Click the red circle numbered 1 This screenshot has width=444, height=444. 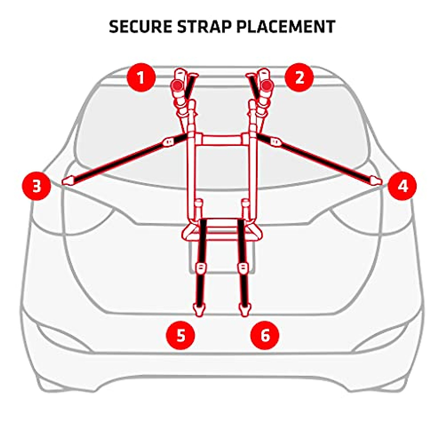(141, 78)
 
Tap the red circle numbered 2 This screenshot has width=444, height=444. (299, 78)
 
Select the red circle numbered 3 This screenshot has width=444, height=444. (36, 186)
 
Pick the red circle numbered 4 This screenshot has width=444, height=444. (402, 186)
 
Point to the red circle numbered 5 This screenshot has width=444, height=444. (180, 336)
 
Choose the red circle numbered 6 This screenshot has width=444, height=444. (265, 336)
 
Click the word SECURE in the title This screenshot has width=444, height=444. (141, 27)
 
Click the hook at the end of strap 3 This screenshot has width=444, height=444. (68, 181)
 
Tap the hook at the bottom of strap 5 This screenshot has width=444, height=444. (199, 309)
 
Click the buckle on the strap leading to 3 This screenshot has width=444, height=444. (168, 142)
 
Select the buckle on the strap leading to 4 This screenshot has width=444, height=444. (275, 141)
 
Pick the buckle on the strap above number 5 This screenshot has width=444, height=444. (200, 267)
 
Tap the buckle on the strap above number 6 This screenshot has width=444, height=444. (243, 267)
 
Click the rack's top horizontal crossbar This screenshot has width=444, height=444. (221, 140)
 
